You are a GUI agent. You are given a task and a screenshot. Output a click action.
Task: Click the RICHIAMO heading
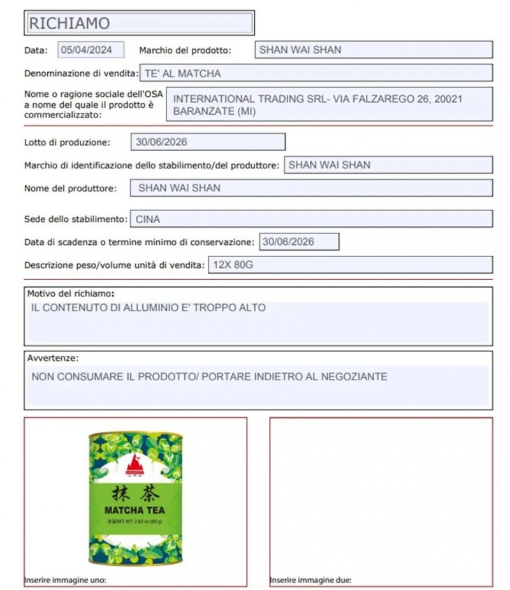click(69, 24)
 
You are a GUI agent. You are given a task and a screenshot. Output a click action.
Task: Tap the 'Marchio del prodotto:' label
click(184, 50)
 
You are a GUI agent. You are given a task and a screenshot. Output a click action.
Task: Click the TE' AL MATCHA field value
click(183, 73)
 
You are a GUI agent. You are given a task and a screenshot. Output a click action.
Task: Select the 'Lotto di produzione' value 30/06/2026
click(161, 142)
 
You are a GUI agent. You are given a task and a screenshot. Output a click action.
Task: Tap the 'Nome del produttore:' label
click(70, 189)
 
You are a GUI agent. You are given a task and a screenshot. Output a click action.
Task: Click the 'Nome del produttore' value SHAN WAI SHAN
click(179, 188)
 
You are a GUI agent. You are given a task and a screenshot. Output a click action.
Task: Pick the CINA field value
click(148, 219)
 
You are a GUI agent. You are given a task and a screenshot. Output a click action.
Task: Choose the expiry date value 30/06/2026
click(288, 242)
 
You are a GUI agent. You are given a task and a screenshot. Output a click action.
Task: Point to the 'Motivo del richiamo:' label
click(71, 294)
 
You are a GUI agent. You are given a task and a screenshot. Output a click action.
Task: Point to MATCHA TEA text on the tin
click(134, 510)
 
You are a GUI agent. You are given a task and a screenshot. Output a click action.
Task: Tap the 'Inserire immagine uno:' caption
click(65, 580)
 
